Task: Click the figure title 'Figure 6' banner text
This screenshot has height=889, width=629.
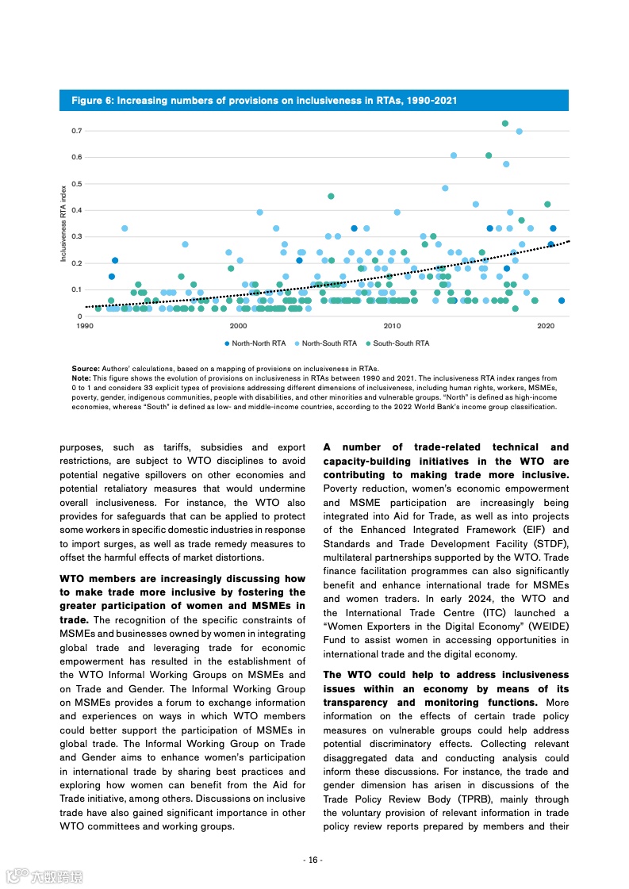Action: tap(264, 101)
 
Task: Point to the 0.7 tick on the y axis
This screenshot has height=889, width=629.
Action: tap(77, 130)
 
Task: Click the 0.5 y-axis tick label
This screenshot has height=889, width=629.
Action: tap(77, 183)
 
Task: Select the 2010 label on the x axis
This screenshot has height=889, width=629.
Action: tap(392, 326)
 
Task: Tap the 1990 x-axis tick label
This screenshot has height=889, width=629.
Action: tap(84, 326)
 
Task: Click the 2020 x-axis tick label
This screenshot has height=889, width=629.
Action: tap(546, 326)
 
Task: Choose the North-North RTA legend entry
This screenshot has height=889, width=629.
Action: tap(255, 343)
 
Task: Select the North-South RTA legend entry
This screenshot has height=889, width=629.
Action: tap(326, 343)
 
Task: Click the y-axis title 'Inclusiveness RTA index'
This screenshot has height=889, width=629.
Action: tap(63, 224)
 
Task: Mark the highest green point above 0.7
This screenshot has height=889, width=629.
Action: tap(505, 124)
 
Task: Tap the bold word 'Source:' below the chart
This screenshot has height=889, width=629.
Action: tap(86, 369)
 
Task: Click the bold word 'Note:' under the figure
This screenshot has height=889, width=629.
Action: tap(81, 378)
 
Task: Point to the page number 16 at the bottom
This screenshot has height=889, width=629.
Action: tap(314, 860)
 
